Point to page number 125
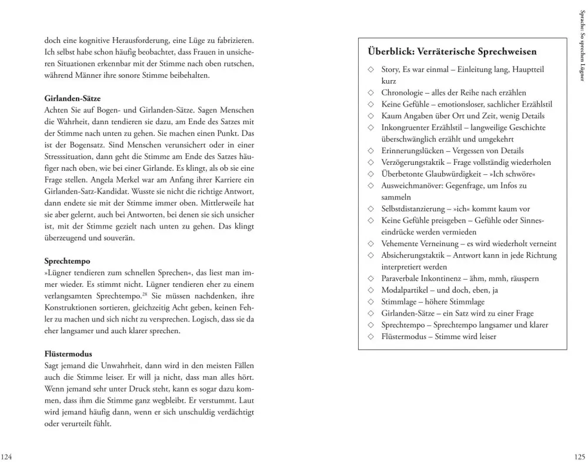click(579, 456)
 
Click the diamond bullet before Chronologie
click(370, 93)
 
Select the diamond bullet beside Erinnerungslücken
click(370, 151)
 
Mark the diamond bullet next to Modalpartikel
click(370, 290)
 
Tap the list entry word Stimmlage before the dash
click(400, 301)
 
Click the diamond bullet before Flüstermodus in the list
click(370, 337)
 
